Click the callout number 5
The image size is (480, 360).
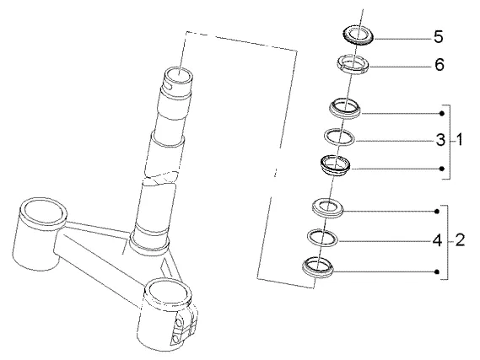click(x=439, y=37)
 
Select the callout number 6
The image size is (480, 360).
click(x=440, y=65)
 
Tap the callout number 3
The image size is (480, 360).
click(x=440, y=140)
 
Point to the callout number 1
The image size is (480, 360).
click(x=459, y=140)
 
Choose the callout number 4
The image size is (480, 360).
click(x=438, y=240)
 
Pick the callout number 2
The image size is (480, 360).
click(x=460, y=240)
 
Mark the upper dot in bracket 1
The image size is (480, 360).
click(x=441, y=114)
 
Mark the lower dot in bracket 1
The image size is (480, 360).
click(x=441, y=169)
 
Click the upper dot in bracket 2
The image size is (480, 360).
click(x=437, y=212)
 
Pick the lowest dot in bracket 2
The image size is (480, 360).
click(x=437, y=271)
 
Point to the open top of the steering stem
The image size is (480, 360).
click(x=179, y=75)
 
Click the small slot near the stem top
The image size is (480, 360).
click(x=168, y=88)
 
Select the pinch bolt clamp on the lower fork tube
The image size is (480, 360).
click(x=186, y=326)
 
